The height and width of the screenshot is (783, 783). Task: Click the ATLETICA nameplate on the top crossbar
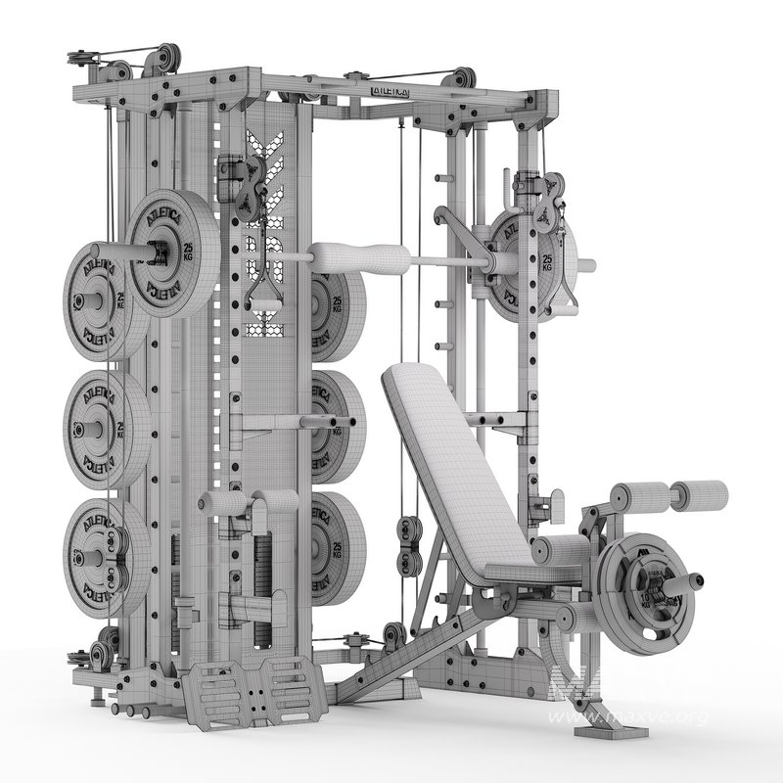click(391, 89)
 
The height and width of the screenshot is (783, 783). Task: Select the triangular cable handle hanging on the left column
click(262, 294)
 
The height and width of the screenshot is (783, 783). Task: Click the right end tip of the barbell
click(588, 263)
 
